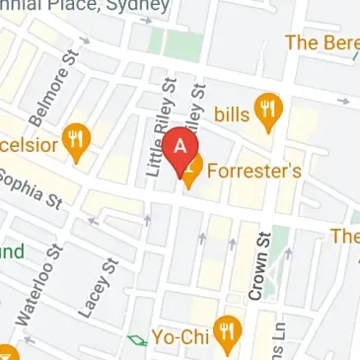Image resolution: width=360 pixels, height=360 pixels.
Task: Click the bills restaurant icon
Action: point(266,113)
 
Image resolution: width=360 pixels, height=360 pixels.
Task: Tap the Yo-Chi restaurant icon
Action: point(230,336)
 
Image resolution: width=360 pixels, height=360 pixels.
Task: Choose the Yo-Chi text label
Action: point(183,335)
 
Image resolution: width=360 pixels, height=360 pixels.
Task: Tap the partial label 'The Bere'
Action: point(322,42)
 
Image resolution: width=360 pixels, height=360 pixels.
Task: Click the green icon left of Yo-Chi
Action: point(136,341)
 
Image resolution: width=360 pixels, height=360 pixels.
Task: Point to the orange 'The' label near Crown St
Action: point(344,237)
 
